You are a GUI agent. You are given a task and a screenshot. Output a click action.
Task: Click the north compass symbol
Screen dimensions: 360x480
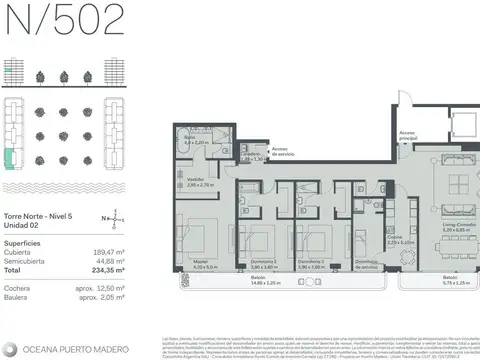pos(114,218)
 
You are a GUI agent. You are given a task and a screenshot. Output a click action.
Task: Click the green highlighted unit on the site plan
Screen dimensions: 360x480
pos(10,158)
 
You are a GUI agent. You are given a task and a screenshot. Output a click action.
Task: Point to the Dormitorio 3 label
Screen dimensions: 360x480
pos(316,263)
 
